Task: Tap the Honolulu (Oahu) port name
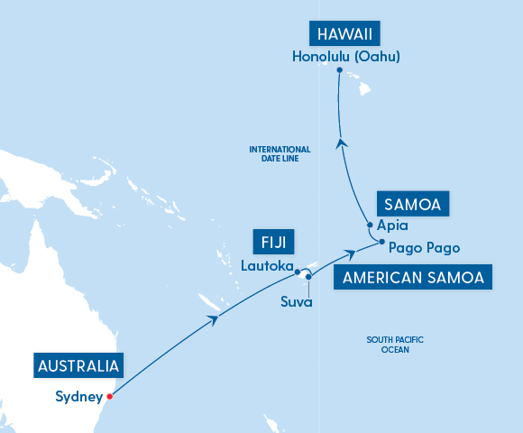[x=345, y=56]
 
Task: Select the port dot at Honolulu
[x=339, y=70]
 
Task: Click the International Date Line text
[x=280, y=153]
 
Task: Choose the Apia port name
[x=394, y=226]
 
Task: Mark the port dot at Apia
[x=371, y=226]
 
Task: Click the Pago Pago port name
[x=425, y=247]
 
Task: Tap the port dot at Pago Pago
[x=382, y=243]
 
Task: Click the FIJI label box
[x=273, y=242]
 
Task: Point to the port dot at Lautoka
[x=298, y=271]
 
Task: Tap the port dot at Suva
[x=308, y=276]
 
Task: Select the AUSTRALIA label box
[x=78, y=366]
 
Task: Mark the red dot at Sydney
[x=110, y=396]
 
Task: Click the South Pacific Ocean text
[x=395, y=345]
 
